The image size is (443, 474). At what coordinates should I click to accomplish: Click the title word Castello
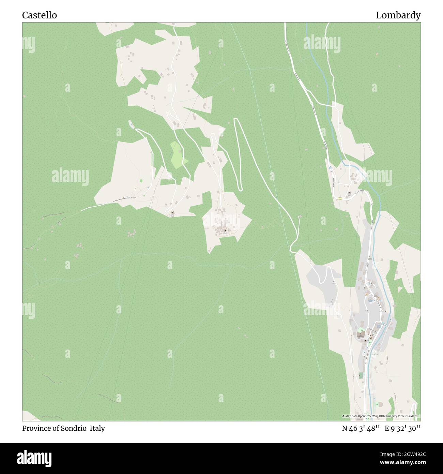coord(40,15)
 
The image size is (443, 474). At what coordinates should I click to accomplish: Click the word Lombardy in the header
coord(398,15)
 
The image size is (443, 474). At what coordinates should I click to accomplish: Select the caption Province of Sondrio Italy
coord(63,428)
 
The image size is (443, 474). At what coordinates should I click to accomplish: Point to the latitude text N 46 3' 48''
coord(361,428)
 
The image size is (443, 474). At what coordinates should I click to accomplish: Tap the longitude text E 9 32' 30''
coord(402,428)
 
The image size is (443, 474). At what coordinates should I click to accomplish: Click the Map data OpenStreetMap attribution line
coord(381,416)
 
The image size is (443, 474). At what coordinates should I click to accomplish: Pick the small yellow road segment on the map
coord(340,198)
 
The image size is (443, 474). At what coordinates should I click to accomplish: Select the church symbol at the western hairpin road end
coord(172,213)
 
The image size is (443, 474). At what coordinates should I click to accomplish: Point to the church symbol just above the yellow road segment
coord(350,193)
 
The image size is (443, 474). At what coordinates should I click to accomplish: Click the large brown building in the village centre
coord(360,335)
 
